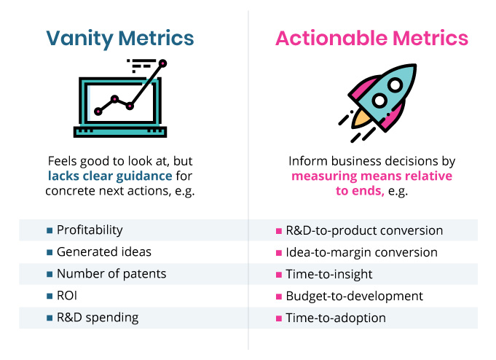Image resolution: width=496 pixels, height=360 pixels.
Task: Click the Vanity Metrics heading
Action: tap(120, 38)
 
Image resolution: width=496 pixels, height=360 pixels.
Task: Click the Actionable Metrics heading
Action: tap(371, 38)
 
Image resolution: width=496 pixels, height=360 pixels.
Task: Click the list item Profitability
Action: tap(89, 230)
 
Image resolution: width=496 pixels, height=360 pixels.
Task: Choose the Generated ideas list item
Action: tap(103, 252)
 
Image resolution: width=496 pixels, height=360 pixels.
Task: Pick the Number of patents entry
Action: tap(111, 274)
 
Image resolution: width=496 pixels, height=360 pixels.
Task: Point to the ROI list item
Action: tap(68, 296)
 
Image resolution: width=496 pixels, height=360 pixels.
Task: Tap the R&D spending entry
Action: tap(97, 318)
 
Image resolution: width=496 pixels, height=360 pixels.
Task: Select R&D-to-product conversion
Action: tap(364, 230)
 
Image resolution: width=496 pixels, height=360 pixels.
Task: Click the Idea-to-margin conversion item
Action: tap(362, 252)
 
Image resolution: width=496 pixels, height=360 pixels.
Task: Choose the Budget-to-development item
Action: tap(354, 296)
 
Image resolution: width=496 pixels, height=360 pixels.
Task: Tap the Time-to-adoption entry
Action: tap(336, 318)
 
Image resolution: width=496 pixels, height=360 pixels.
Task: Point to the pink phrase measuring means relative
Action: tap(371, 176)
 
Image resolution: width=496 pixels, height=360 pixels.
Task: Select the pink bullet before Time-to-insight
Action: tap(279, 275)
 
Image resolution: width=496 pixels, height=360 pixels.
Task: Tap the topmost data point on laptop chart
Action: tap(162, 63)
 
